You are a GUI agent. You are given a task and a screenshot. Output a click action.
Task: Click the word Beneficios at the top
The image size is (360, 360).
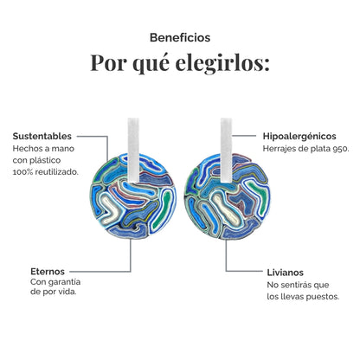coord(180,38)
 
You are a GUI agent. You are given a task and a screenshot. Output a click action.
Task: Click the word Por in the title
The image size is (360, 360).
coord(109,62)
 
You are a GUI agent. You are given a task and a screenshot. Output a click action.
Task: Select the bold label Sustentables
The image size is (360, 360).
coord(42,136)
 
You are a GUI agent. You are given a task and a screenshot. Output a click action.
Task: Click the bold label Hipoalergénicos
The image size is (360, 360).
coord(299,136)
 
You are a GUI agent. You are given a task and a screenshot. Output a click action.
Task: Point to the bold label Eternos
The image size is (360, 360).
coord(48,272)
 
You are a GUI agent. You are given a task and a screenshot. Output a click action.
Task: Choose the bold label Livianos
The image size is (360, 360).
coord(286,273)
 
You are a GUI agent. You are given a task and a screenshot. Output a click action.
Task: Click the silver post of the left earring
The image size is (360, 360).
coord(133,150)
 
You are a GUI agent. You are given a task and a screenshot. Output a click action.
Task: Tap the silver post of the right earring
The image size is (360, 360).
coord(227,150)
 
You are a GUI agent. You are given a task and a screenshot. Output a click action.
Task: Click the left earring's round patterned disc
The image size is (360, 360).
coord(133,196)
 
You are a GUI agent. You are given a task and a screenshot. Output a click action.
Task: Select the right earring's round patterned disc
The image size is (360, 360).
coord(228,196)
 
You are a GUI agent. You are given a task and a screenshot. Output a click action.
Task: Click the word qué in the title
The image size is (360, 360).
coord(151,64)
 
